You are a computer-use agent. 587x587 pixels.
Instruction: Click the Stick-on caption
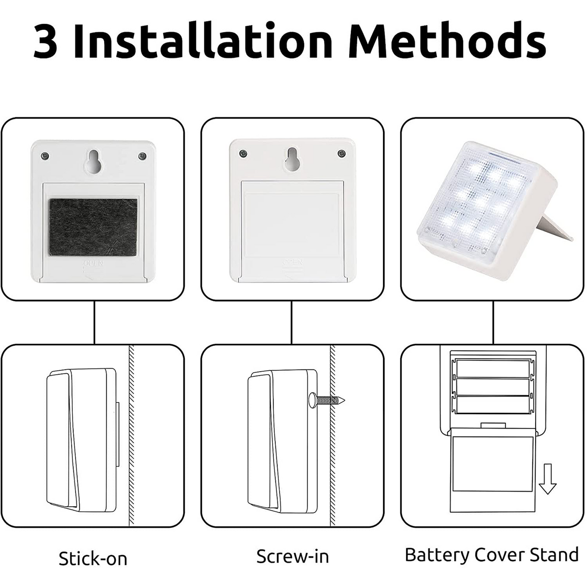(x=93, y=559)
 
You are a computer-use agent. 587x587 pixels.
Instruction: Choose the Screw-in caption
(x=293, y=557)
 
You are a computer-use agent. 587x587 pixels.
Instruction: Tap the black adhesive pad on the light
(x=93, y=227)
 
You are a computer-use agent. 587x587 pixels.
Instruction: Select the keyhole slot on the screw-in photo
(x=292, y=160)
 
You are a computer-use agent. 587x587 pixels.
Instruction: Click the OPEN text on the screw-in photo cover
(x=293, y=264)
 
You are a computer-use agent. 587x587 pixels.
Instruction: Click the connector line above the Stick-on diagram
(x=94, y=323)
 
